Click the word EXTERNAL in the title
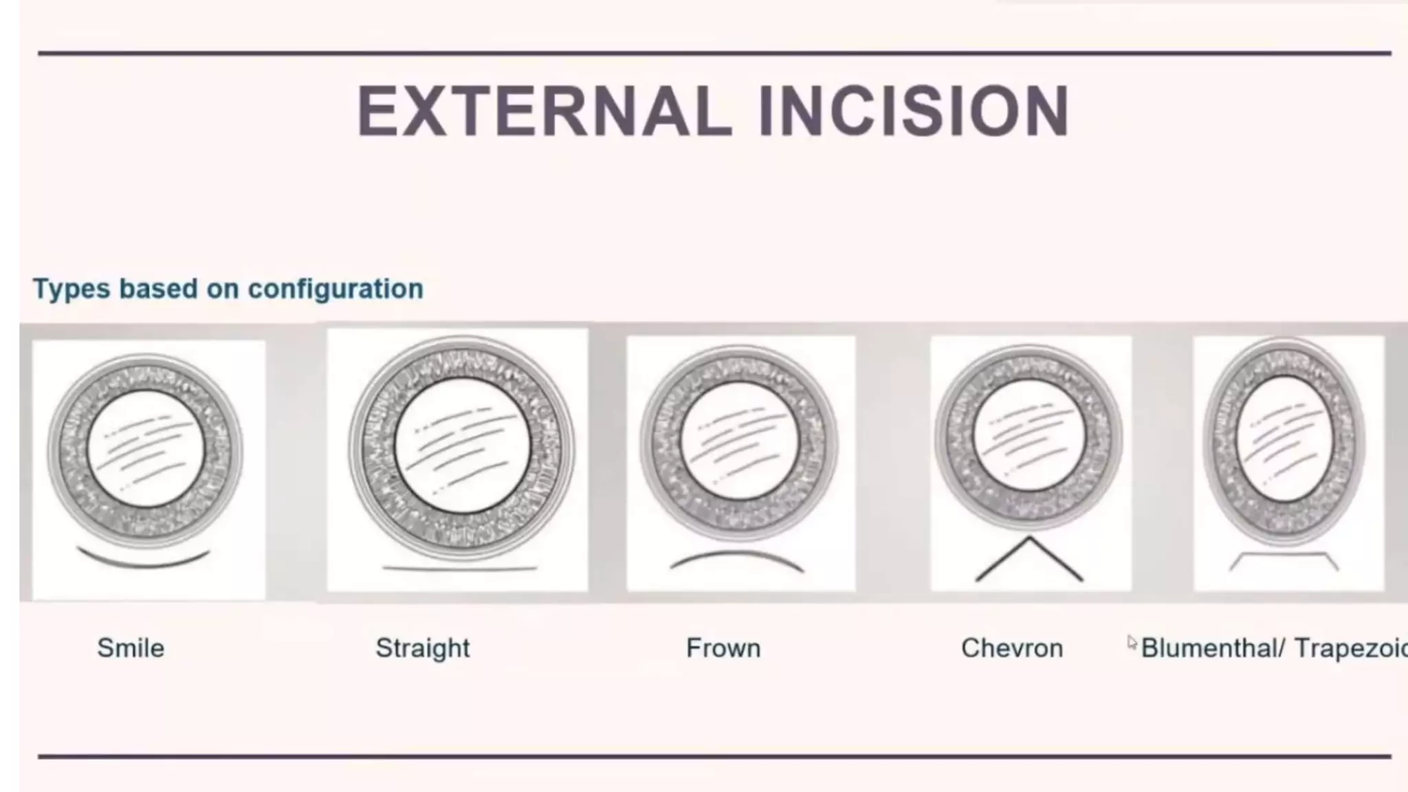pyautogui.click(x=543, y=111)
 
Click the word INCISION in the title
pyautogui.click(x=914, y=111)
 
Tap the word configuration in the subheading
pyautogui.click(x=335, y=289)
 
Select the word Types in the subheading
pyautogui.click(x=71, y=289)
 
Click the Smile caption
pyautogui.click(x=131, y=648)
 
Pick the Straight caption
pyautogui.click(x=423, y=648)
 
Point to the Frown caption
pyautogui.click(x=723, y=648)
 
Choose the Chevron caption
pyautogui.click(x=1012, y=648)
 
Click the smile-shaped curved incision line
pyautogui.click(x=144, y=562)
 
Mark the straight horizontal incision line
pyautogui.click(x=459, y=569)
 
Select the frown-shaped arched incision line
pyautogui.click(x=737, y=554)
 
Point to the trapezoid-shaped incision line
pyautogui.click(x=1283, y=553)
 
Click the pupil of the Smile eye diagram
pyautogui.click(x=146, y=448)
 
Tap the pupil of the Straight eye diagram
pyautogui.click(x=463, y=445)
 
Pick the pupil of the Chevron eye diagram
pyautogui.click(x=1029, y=436)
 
